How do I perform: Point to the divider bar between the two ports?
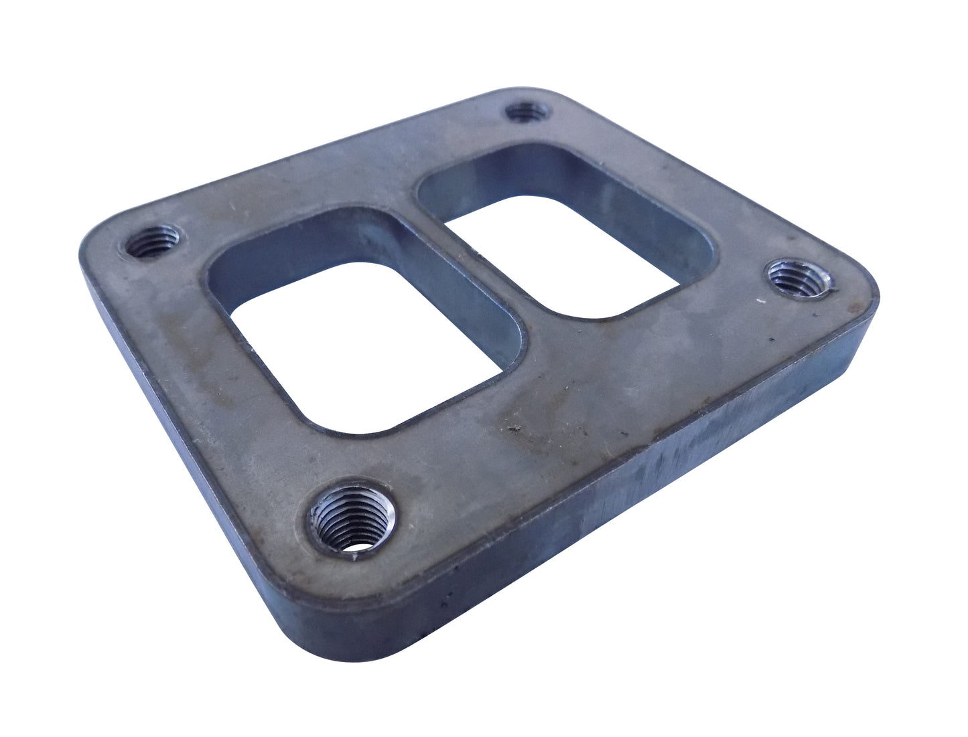tap(469, 261)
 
